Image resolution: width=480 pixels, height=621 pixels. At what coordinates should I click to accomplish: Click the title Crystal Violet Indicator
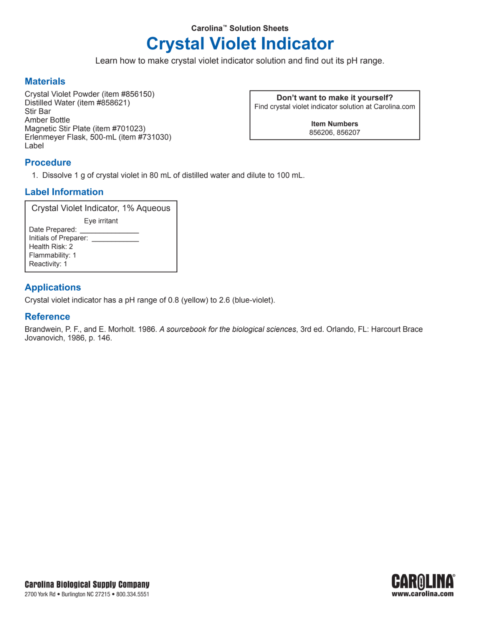240,44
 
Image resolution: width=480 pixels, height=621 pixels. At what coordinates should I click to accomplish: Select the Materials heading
45,82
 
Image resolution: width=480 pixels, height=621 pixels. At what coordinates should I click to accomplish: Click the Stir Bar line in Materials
38,112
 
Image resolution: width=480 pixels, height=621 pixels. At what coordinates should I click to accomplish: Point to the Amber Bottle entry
47,120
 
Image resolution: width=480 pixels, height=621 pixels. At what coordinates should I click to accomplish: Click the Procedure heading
48,163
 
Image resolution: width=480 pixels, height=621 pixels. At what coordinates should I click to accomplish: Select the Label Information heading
64,192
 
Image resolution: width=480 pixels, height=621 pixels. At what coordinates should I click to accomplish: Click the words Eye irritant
101,221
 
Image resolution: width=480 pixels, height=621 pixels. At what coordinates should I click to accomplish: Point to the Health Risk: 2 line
51,247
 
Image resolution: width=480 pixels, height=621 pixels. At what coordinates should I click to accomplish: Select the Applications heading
53,288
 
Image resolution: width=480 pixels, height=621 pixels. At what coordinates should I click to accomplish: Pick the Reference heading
47,317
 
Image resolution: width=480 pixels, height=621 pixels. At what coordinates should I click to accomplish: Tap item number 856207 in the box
348,133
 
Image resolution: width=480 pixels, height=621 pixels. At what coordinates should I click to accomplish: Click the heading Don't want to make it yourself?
335,98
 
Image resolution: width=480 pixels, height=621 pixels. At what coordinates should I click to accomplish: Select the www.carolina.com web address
423,594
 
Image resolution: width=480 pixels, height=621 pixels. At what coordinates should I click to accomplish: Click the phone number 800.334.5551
133,595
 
